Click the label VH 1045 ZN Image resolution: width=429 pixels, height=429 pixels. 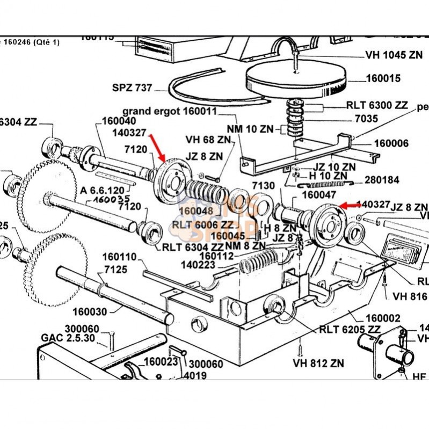coord(394,55)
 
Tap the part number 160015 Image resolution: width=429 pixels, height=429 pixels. coord(383,78)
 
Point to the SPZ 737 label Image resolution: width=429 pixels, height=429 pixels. coord(133,88)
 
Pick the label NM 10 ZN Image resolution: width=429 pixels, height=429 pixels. coord(250,128)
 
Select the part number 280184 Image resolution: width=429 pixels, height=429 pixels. coord(383,179)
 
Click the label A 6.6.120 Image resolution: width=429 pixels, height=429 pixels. coord(103,191)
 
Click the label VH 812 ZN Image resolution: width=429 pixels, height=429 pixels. coord(318,363)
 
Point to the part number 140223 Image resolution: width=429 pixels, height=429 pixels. coord(200,265)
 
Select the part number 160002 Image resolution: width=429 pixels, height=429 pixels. coord(383,318)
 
